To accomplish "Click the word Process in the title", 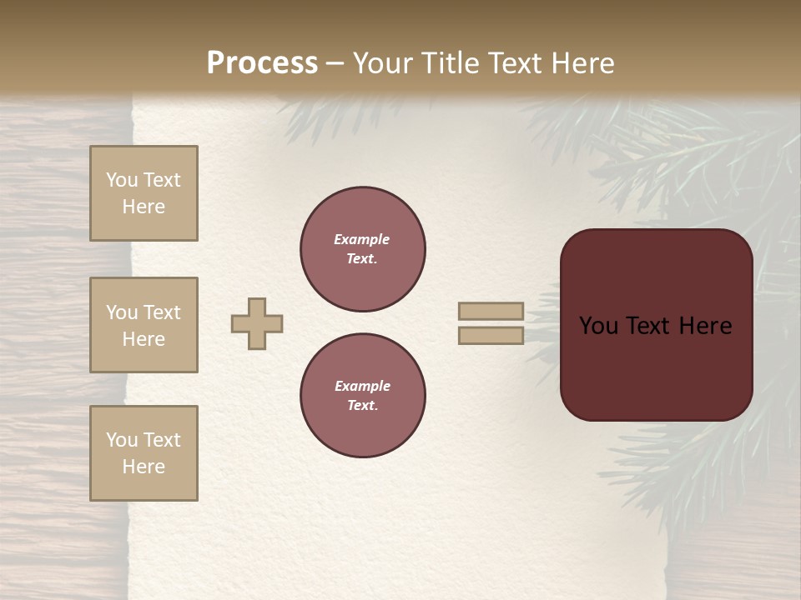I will point(262,63).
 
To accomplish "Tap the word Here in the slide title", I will point(582,63).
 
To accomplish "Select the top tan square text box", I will point(144,193).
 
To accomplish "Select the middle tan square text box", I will point(144,325).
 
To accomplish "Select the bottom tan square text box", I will point(144,453).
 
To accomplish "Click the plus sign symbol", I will point(257,323).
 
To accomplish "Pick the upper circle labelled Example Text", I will point(362,249).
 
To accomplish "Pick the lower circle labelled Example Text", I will point(362,396).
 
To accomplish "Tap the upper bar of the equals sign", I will point(491,311).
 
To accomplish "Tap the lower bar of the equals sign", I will point(491,335).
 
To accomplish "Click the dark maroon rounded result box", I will point(656,367).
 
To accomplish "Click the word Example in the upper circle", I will point(361,239).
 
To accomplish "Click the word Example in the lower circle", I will point(362,386).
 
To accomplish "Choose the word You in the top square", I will point(122,180).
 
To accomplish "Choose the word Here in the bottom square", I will point(144,467).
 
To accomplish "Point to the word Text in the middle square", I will point(162,312).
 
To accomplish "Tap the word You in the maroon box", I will point(599,326).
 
